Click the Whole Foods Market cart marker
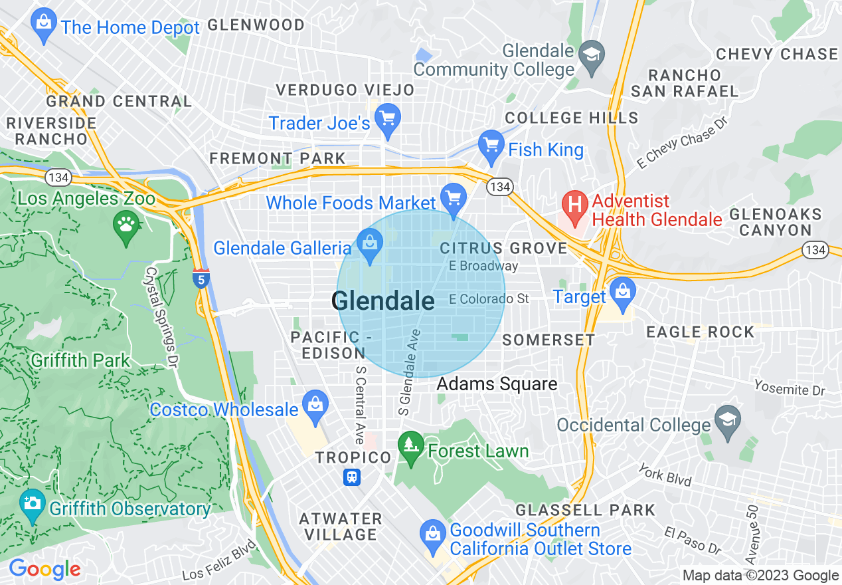(x=454, y=198)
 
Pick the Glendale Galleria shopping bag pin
(x=370, y=244)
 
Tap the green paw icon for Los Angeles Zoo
(x=126, y=224)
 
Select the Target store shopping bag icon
(x=622, y=293)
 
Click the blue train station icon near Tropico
(x=352, y=477)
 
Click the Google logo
(x=44, y=569)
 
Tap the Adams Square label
(x=497, y=384)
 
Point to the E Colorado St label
(x=489, y=299)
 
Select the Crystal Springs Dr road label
(x=162, y=309)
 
